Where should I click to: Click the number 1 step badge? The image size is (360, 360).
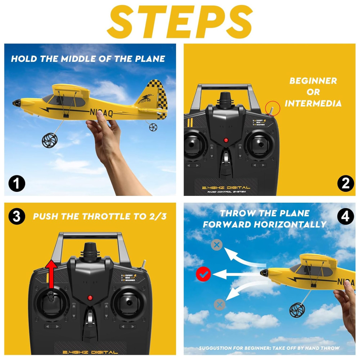[x=17, y=184]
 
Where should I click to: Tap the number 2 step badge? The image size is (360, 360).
[x=345, y=184]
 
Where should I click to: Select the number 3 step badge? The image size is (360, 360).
[x=17, y=216]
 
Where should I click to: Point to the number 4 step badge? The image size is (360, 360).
[x=345, y=217]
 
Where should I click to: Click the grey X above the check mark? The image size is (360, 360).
[x=216, y=245]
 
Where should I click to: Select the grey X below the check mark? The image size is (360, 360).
[x=219, y=305]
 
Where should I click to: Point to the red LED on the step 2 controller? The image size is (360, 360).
[x=226, y=140]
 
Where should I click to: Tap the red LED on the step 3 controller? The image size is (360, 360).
[x=90, y=298]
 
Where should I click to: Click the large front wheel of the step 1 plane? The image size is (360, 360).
[x=49, y=140]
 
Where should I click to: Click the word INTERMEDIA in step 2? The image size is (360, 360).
[x=313, y=104]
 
